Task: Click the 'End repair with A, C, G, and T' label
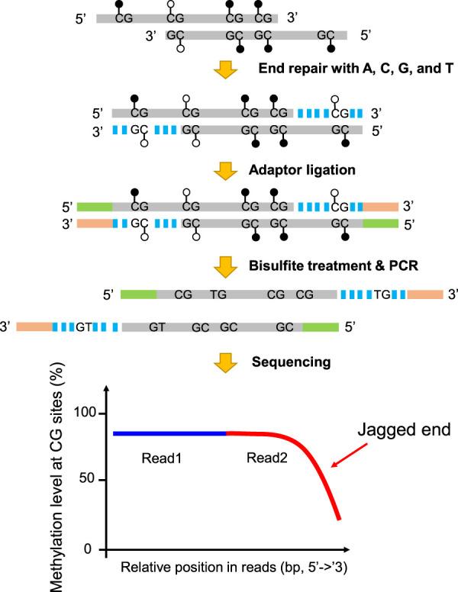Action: pos(356,69)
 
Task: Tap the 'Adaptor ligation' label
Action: pos(302,170)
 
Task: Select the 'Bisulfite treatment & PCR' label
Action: pos(334,265)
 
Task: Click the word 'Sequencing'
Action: pos(292,362)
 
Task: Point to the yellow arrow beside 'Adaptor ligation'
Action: pos(226,171)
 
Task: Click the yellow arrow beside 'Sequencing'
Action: pos(226,363)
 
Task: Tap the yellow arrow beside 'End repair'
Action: pos(226,70)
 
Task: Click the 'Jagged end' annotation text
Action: pos(404,430)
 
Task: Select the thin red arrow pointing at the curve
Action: pos(349,455)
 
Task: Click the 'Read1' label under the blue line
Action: pos(161,458)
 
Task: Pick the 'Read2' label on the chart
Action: pos(267,458)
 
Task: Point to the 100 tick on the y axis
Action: pos(85,412)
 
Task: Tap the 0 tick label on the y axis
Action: pos(88,549)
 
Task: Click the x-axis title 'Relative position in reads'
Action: pos(234,567)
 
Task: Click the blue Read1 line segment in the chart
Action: pos(170,433)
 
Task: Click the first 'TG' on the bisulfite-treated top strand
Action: pos(218,294)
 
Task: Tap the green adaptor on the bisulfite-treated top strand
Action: pos(138,294)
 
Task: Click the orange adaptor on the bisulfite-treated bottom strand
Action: pos(34,327)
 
